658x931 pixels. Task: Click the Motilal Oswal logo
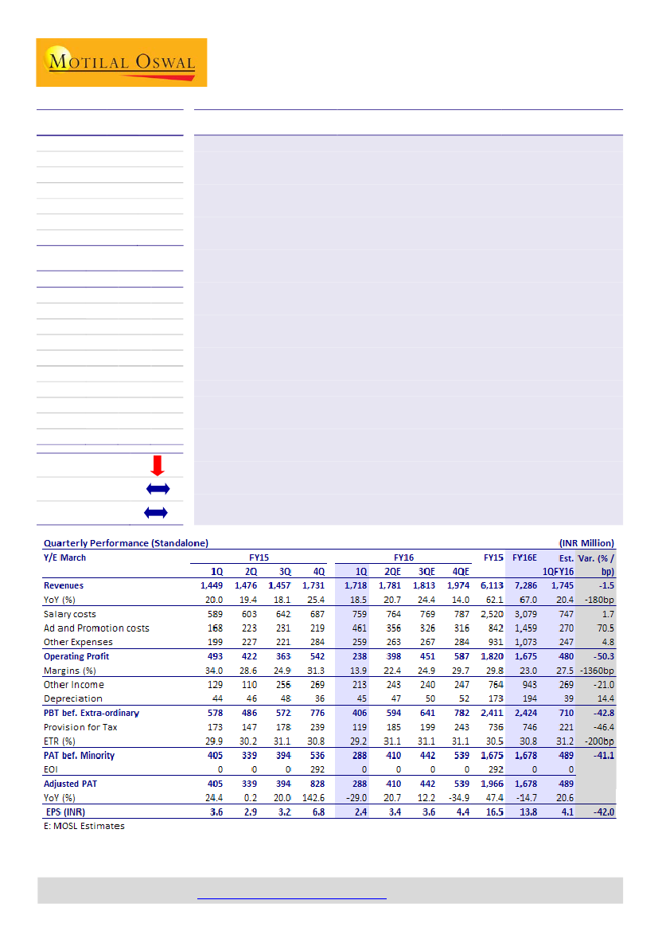[x=121, y=62]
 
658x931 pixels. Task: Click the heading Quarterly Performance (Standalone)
[x=126, y=543]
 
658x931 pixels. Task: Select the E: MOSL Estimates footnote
[x=84, y=826]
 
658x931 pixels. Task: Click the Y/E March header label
[x=64, y=557]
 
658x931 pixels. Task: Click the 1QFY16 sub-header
[x=556, y=572]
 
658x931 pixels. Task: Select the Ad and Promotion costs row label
[x=96, y=628]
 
